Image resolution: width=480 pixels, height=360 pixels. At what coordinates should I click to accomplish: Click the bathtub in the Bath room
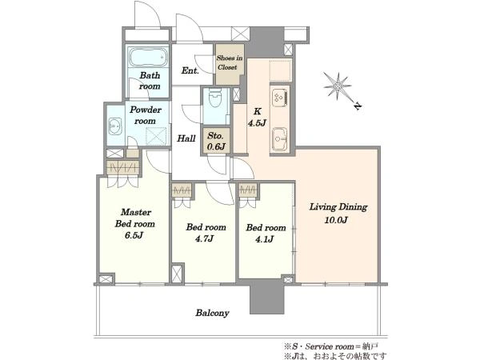coord(148,57)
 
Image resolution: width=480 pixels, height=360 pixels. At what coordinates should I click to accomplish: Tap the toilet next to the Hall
coord(215,97)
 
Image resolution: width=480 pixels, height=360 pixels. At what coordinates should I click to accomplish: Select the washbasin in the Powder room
coord(114,126)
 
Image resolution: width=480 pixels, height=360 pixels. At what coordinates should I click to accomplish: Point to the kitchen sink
coord(279,139)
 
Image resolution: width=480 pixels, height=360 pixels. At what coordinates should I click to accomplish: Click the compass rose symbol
coord(338,86)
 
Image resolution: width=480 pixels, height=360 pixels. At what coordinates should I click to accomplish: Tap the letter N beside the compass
coord(357,106)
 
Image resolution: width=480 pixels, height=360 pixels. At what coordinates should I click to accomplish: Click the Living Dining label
coord(338,207)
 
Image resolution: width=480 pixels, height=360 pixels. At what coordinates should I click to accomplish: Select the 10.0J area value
coord(336,220)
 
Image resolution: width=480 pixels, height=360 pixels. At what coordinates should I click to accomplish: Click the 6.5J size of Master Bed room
coord(134,235)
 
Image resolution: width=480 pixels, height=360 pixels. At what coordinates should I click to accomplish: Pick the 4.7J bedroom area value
coord(205,238)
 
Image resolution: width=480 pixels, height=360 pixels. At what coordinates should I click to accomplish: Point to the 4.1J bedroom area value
coord(265,239)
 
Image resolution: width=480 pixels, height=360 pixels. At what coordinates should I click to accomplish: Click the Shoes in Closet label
coord(230,62)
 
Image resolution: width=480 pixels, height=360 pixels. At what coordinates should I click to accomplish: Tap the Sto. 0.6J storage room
coord(216,141)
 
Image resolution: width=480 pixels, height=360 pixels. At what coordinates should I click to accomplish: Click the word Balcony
coord(212,313)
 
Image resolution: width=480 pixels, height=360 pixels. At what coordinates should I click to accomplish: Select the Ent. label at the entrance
coord(190,70)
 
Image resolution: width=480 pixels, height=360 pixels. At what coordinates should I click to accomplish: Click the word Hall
coord(186,138)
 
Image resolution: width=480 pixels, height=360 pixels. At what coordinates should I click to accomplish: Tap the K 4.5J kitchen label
coord(257,118)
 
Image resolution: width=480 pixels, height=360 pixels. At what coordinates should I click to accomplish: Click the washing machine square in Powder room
coord(156,137)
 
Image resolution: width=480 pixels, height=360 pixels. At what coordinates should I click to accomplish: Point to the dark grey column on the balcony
coord(267,297)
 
